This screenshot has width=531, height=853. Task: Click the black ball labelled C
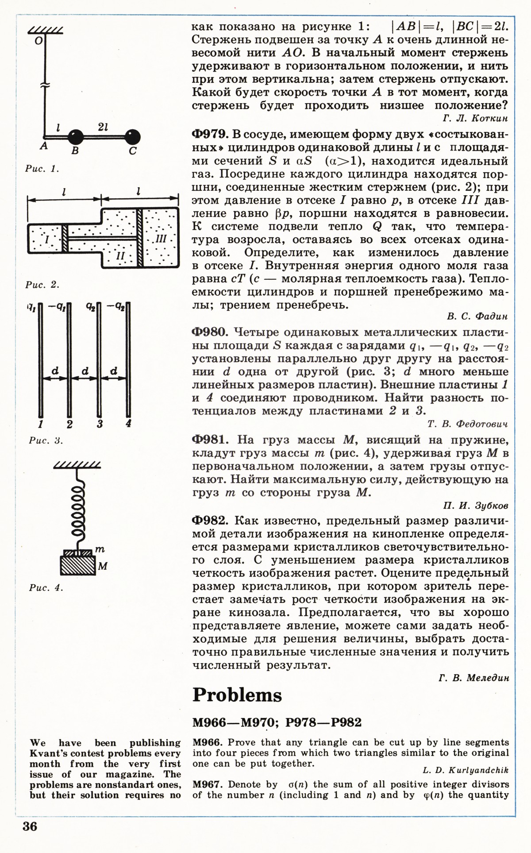(x=132, y=136)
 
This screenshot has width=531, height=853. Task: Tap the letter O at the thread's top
(x=38, y=41)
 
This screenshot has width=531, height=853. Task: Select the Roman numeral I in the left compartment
(x=47, y=239)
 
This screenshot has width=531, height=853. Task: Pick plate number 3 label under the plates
(x=100, y=424)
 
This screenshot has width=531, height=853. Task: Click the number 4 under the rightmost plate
(x=128, y=423)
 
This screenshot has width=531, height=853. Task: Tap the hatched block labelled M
(x=78, y=565)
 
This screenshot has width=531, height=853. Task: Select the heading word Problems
(x=237, y=695)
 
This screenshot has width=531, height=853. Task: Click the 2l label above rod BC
(x=103, y=127)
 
